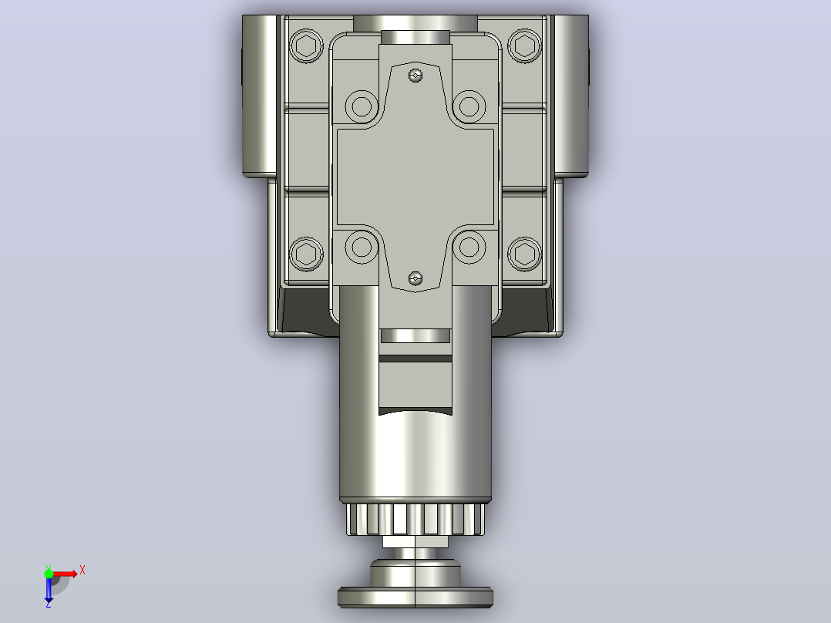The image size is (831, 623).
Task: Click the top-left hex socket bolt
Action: [306, 45]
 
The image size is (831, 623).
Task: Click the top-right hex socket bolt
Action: [525, 45]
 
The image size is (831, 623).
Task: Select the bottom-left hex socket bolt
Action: [306, 254]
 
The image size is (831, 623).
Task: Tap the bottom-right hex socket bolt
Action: [525, 254]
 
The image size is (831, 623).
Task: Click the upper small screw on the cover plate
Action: [416, 76]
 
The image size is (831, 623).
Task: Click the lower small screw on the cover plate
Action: [416, 278]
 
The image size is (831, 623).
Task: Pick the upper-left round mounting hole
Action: [362, 106]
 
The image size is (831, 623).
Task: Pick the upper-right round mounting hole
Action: [469, 106]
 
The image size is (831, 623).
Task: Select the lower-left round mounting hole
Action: [362, 247]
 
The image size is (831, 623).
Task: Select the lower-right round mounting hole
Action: [469, 247]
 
